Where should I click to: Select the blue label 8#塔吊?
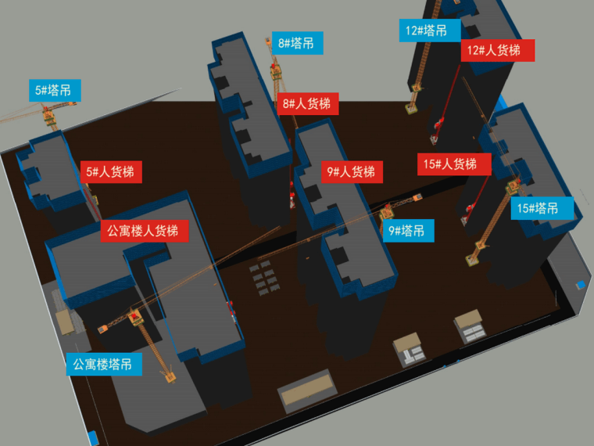coord(296,43)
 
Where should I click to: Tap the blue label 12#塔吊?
coord(427,31)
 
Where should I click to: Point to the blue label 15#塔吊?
coord(541,208)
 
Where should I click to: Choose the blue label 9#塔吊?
coord(407,231)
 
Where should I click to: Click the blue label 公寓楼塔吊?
coord(103,364)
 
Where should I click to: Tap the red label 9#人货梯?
coord(351,172)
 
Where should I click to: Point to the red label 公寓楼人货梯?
coord(143,231)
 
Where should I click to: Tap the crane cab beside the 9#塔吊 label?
coord(386,210)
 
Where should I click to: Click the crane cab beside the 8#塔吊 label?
coord(276,72)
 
